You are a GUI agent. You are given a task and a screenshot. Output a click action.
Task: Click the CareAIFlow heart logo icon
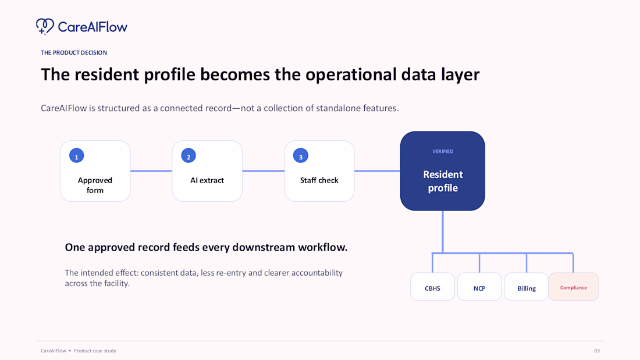pos(45,27)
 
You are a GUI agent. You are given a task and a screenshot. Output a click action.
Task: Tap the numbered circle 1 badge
pos(76,155)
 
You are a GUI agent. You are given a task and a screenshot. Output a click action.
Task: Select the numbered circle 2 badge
pos(188,155)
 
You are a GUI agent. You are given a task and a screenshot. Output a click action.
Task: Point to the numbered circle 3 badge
pos(300,155)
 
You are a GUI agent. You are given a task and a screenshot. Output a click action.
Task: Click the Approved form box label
pos(95,185)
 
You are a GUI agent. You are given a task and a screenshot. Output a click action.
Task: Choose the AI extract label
pos(207,180)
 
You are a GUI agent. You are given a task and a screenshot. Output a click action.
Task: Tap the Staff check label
pos(319,180)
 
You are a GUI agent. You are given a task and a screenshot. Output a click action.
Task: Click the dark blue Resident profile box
pos(442,171)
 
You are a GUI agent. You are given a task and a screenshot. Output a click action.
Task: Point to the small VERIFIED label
pos(443,151)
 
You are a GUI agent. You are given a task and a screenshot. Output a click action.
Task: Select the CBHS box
pos(432,287)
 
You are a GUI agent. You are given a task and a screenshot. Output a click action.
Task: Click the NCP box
pos(479,287)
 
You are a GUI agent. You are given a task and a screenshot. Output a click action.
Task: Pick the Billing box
pos(527,287)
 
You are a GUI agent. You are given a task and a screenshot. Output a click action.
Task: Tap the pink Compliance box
pos(574,287)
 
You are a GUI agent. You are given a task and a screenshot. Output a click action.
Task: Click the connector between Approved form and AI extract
pos(151,171)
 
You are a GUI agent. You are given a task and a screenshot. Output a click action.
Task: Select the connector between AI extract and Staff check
pos(263,171)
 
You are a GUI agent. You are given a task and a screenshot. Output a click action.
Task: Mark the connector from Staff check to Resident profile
pos(377,171)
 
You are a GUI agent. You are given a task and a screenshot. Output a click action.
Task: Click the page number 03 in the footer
pos(597,351)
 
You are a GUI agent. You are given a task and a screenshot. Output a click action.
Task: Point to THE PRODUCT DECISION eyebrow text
pos(74,53)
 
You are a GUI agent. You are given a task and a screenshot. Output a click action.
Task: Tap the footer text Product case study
pos(95,351)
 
